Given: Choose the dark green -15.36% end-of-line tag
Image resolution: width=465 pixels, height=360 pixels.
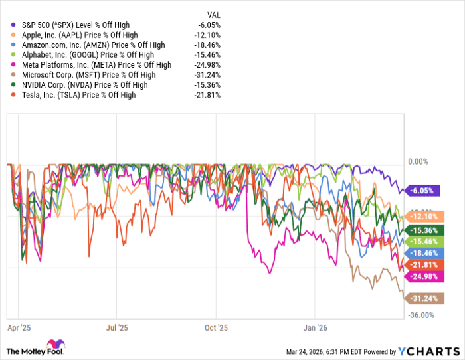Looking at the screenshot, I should (x=424, y=229).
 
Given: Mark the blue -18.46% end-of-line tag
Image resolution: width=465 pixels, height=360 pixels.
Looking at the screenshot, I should (x=424, y=253).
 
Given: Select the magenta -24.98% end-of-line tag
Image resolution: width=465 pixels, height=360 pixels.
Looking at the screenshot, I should (x=424, y=276).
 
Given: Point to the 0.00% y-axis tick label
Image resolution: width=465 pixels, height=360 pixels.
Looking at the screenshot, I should (x=417, y=161).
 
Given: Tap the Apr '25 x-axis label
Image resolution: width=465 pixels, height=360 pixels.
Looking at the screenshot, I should (x=19, y=327).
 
